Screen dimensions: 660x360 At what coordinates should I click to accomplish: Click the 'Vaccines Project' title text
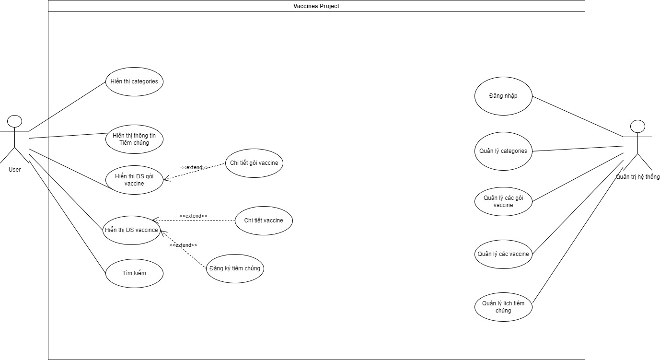(x=316, y=6)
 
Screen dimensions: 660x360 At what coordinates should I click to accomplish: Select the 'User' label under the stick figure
(x=14, y=169)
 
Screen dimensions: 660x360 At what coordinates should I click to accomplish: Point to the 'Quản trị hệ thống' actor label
(x=637, y=177)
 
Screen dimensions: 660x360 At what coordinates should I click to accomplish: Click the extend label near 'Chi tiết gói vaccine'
(x=194, y=167)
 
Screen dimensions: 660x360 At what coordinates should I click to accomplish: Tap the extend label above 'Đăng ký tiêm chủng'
(x=183, y=245)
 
